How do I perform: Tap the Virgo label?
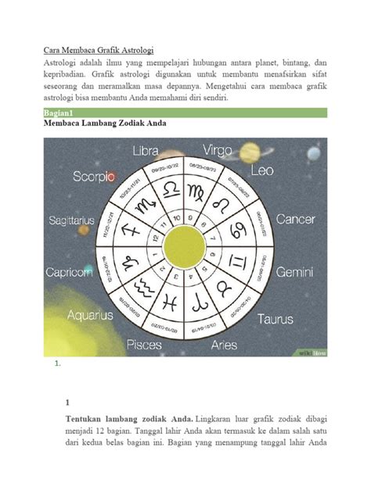[x=218, y=148]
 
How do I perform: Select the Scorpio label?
[x=92, y=177]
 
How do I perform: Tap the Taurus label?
[x=276, y=319]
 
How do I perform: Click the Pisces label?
[x=145, y=344]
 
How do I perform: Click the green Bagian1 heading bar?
[x=185, y=113]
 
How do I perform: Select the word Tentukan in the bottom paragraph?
[x=87, y=420]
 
